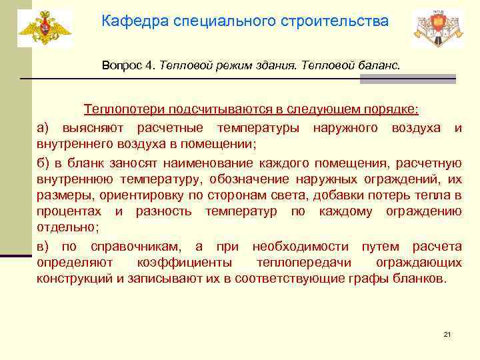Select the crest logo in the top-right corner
(437, 28)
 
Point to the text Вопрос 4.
(129, 66)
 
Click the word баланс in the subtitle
(379, 66)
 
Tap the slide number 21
(447, 334)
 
